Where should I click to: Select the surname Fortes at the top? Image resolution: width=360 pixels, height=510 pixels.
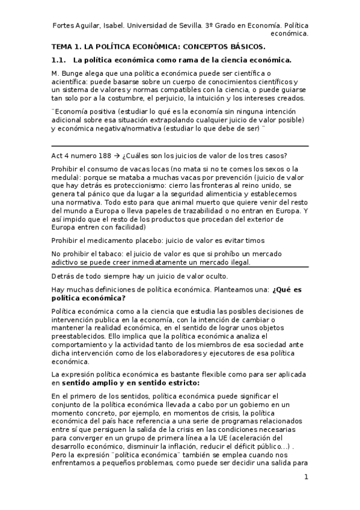point(65,25)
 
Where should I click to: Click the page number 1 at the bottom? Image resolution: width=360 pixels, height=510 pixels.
point(306,478)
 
